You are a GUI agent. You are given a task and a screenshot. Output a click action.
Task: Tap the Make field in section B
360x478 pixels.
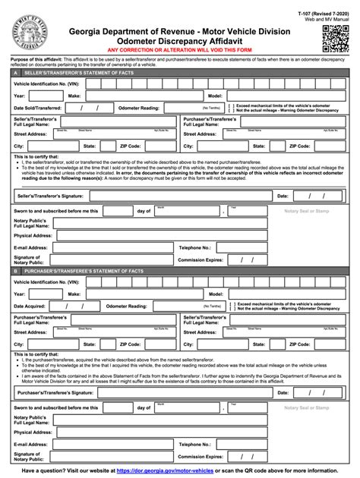click(129, 294)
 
